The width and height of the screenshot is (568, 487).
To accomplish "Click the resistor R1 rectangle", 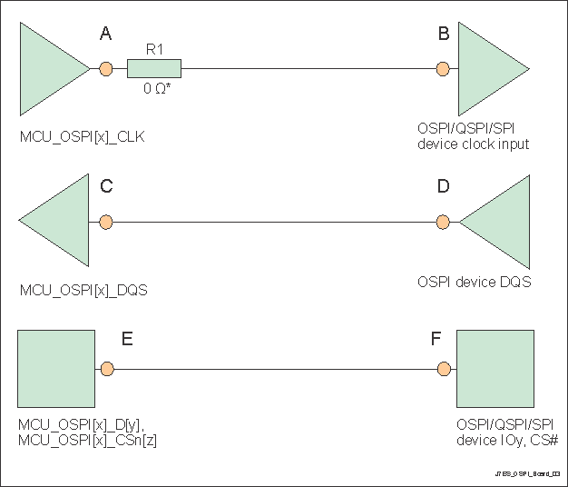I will point(154,68).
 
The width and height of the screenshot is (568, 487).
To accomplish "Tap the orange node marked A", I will point(106,68).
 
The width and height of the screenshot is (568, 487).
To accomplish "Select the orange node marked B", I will point(443,68).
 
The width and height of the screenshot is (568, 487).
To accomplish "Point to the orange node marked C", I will point(106,222).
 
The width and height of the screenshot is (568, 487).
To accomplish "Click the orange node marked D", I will point(443,222).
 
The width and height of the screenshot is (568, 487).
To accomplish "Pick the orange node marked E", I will point(106,369).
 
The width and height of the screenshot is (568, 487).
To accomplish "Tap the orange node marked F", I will point(443,369).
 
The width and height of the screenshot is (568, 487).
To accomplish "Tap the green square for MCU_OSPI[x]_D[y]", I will point(56,369).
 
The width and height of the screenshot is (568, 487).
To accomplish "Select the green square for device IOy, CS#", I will point(494,369).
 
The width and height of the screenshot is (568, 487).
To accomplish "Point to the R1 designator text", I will point(154,48).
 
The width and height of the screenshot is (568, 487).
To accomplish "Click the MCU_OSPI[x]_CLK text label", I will point(82,137).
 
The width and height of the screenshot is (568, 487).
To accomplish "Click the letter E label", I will point(127,339).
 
